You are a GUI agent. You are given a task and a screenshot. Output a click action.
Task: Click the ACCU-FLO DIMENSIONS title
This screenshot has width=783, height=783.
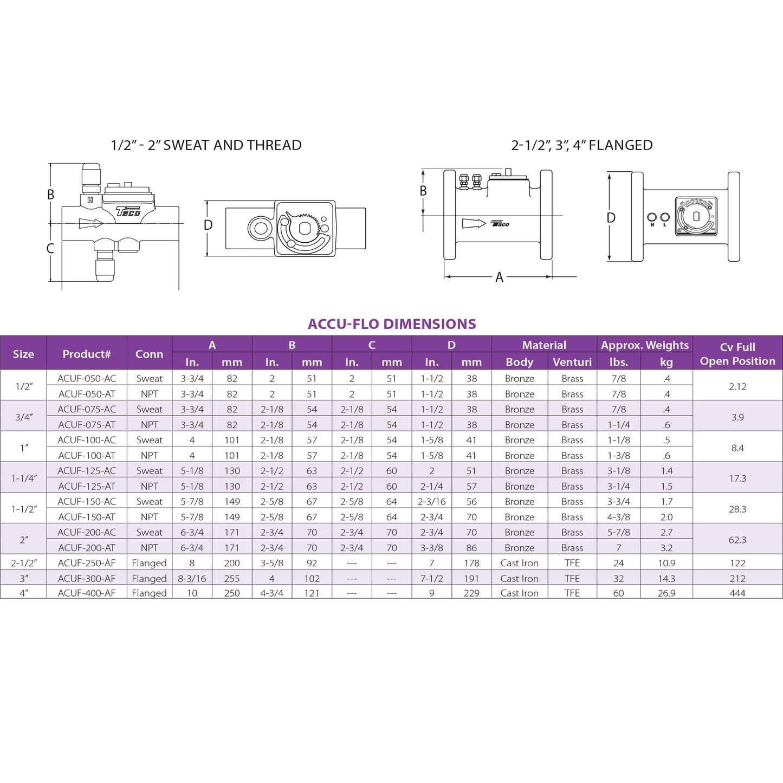(391, 324)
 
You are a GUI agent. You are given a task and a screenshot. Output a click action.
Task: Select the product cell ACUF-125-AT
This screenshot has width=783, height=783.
(87, 486)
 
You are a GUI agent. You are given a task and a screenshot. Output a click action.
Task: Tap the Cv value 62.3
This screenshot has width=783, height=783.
(737, 540)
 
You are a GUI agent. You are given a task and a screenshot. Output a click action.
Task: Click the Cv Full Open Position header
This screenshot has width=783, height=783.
(737, 354)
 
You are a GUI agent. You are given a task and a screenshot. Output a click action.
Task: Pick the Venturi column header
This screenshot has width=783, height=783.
(572, 362)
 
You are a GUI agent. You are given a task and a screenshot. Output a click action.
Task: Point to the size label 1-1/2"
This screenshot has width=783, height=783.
(24, 509)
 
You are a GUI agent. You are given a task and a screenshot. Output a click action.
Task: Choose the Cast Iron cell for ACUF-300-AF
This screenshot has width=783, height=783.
(519, 578)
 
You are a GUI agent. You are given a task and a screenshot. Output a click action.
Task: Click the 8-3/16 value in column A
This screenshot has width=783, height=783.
(192, 578)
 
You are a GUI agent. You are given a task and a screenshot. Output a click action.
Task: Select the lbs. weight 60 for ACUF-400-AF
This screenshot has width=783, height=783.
(618, 593)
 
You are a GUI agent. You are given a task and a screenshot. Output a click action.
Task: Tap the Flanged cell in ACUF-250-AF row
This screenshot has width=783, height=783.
(149, 563)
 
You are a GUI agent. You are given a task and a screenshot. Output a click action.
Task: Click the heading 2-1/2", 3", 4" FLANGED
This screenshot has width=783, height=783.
(581, 145)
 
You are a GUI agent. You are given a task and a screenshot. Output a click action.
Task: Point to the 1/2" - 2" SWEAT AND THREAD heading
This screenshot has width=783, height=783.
(206, 145)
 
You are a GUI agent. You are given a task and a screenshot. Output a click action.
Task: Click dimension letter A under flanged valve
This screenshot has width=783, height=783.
(499, 277)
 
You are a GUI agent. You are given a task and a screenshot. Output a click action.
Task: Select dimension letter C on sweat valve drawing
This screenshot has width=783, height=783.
(50, 249)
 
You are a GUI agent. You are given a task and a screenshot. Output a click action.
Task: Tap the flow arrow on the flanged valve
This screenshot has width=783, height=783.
(474, 223)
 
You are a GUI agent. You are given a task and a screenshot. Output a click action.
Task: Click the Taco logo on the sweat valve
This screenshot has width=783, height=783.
(128, 211)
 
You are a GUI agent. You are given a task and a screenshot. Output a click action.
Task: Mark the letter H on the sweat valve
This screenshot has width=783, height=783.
(90, 200)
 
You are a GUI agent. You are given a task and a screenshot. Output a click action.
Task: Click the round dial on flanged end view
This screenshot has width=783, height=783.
(696, 216)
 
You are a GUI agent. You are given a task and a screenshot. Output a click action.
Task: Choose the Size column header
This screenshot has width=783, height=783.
(23, 354)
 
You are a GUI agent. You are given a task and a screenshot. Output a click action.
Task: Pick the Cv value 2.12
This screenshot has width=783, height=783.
(737, 386)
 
